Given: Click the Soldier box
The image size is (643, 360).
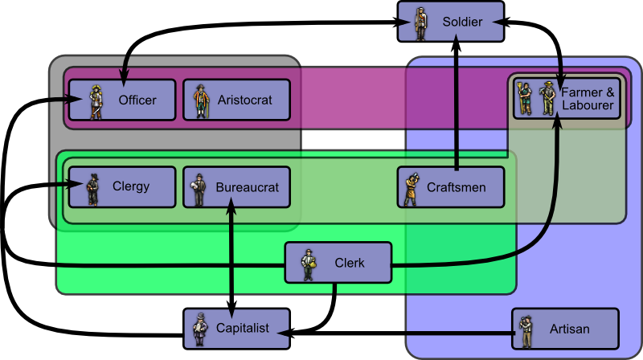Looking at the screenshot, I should [451, 22].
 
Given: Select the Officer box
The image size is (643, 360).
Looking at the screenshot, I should [121, 100].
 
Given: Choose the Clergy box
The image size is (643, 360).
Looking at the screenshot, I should [121, 187].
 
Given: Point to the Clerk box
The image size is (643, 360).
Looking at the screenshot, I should [338, 263].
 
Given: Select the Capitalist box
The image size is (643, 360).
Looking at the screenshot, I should [236, 328].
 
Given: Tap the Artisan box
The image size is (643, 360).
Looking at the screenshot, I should [565, 329].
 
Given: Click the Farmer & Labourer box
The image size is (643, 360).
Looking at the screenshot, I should [567, 98].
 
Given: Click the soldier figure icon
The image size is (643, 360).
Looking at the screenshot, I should [420, 22].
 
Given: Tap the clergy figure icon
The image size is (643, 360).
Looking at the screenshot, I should [92, 188].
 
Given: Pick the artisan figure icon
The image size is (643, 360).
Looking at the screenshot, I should [526, 329].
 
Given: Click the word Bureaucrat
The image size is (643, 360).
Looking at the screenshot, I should [247, 187].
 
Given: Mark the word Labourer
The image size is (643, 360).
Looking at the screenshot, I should [588, 105].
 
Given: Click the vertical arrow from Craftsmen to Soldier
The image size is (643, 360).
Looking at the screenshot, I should [456, 104].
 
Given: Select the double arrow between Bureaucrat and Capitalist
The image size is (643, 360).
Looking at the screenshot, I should [232, 257].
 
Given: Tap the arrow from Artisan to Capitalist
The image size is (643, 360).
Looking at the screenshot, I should [402, 330].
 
